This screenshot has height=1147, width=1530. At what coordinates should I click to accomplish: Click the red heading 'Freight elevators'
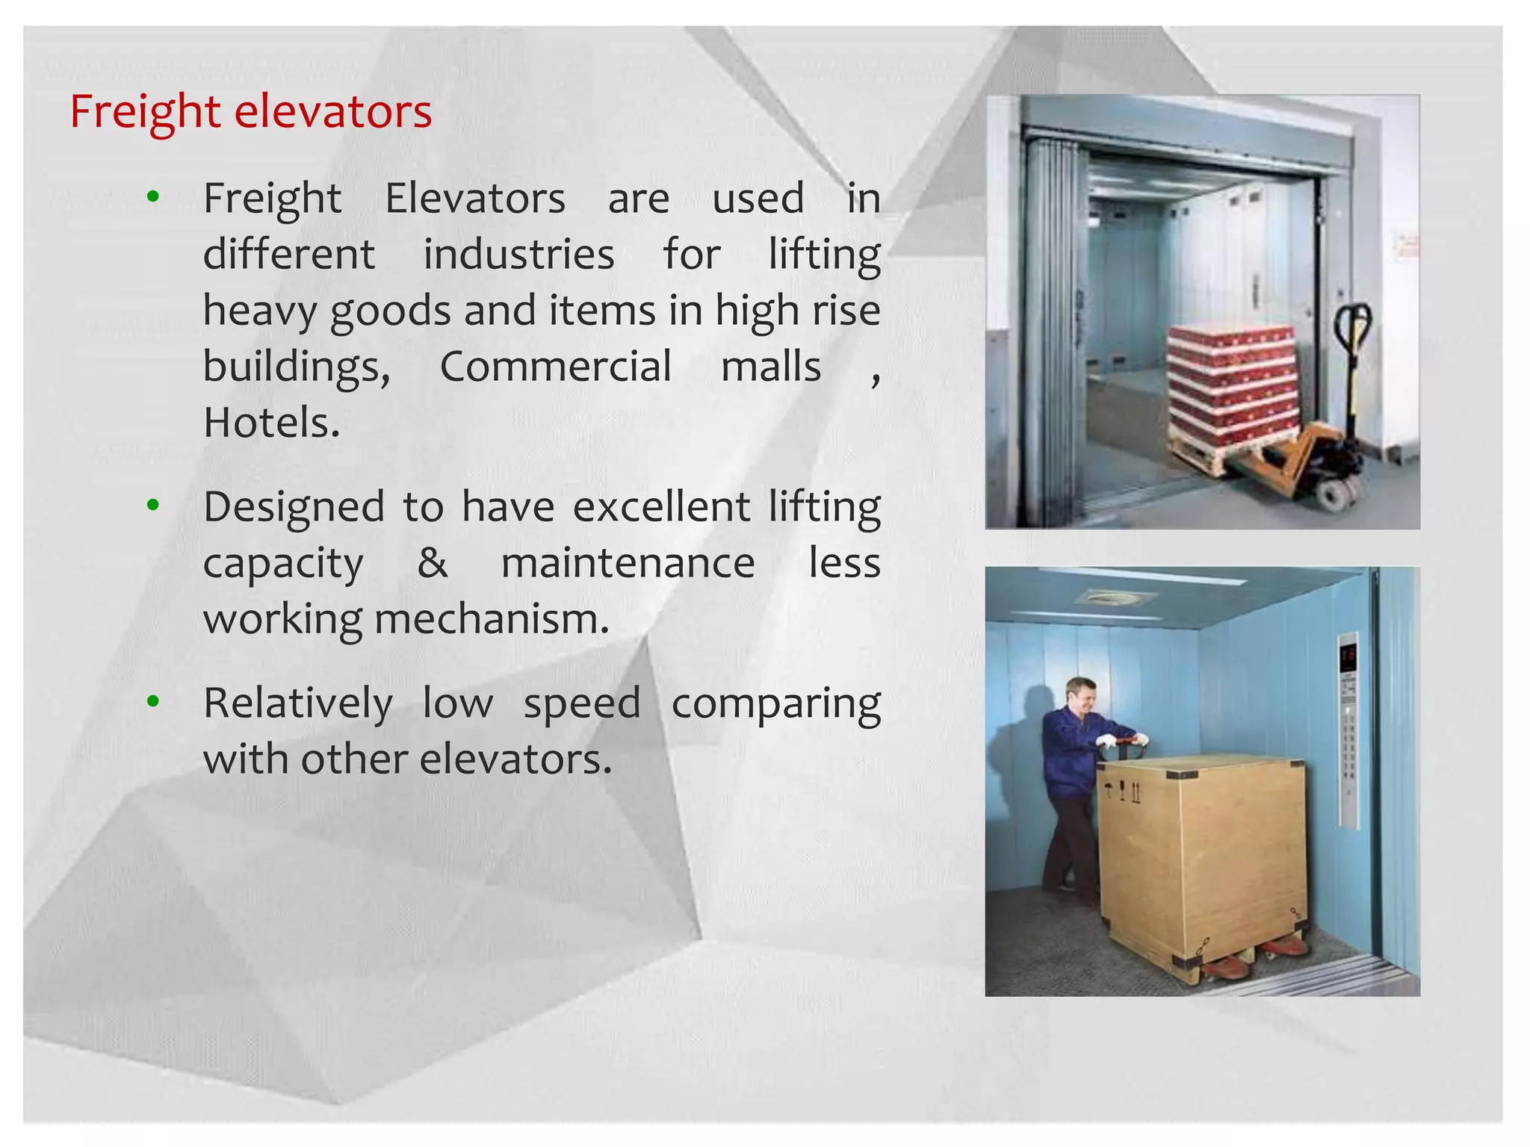pyautogui.click(x=250, y=112)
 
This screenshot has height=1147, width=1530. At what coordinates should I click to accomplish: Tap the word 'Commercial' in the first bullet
pyautogui.click(x=555, y=367)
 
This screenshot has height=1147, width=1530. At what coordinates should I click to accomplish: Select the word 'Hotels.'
pyautogui.click(x=272, y=423)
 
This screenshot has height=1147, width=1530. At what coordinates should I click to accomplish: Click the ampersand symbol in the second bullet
pyautogui.click(x=433, y=562)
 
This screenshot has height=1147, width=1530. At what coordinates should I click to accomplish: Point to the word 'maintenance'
pyautogui.click(x=628, y=562)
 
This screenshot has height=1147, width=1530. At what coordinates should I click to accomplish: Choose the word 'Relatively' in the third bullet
pyautogui.click(x=297, y=703)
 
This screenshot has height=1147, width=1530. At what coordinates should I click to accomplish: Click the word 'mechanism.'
pyautogui.click(x=492, y=619)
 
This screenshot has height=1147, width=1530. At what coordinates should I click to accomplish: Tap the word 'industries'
pyautogui.click(x=518, y=254)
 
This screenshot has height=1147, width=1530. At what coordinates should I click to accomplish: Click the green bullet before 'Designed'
pyautogui.click(x=153, y=506)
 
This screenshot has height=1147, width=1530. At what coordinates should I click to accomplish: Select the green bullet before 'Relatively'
pyautogui.click(x=153, y=701)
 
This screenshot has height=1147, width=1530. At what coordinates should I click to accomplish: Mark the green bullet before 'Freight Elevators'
pyautogui.click(x=153, y=197)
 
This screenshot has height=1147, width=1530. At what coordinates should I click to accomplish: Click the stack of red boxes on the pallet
pyautogui.click(x=1233, y=385)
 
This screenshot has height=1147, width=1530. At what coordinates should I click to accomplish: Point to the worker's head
pyautogui.click(x=1081, y=695)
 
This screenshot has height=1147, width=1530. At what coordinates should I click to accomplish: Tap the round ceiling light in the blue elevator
pyautogui.click(x=1113, y=598)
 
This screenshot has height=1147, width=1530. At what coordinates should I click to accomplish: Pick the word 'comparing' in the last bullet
pyautogui.click(x=775, y=703)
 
